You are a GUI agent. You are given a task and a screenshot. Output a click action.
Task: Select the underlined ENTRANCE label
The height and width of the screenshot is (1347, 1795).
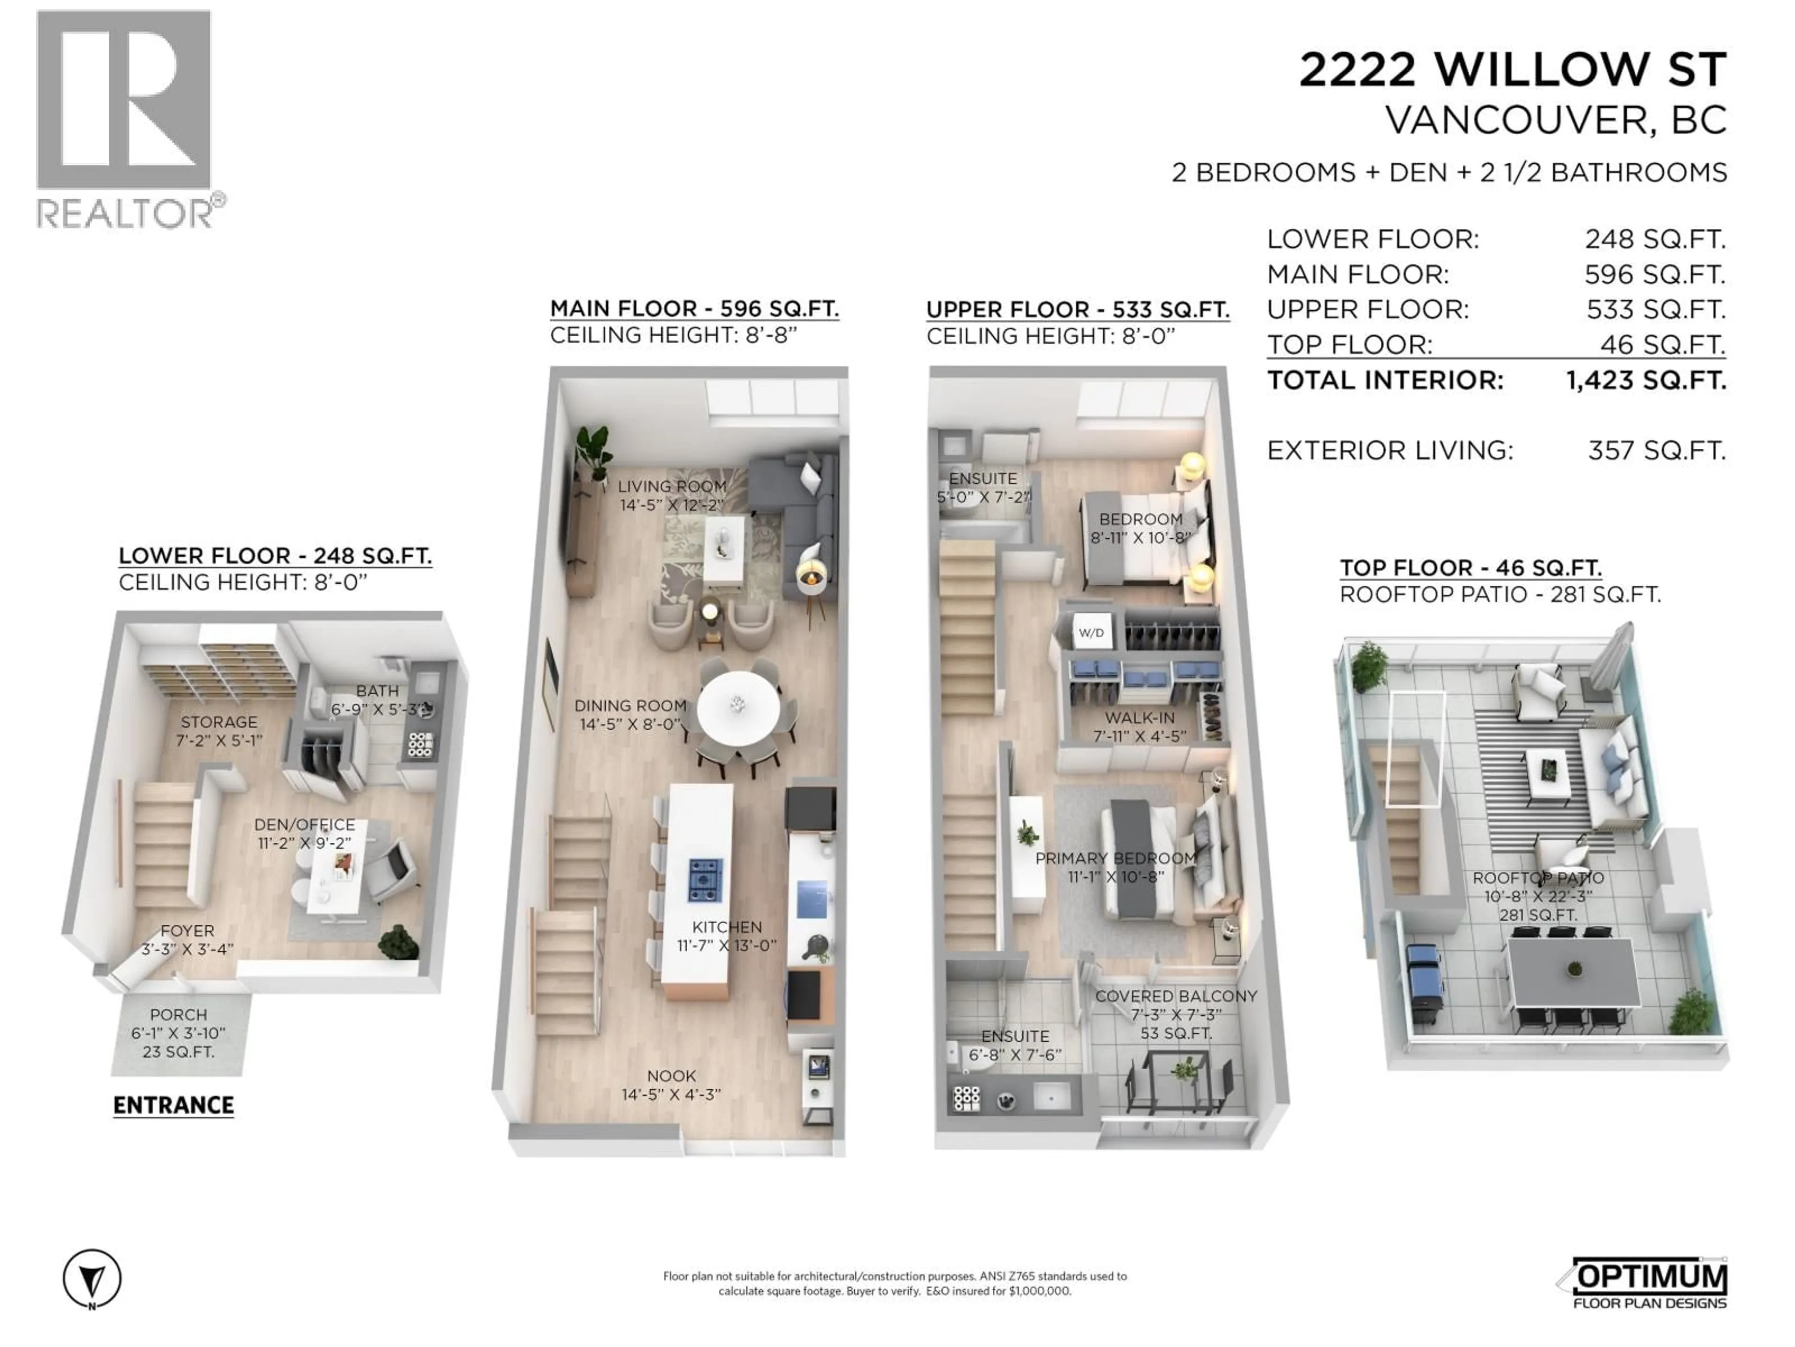click(x=174, y=1105)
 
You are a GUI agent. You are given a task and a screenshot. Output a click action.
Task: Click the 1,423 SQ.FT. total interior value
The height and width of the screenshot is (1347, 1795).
click(x=1646, y=380)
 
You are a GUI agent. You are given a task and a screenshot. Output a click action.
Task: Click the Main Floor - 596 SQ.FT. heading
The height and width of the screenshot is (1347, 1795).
click(x=694, y=309)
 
